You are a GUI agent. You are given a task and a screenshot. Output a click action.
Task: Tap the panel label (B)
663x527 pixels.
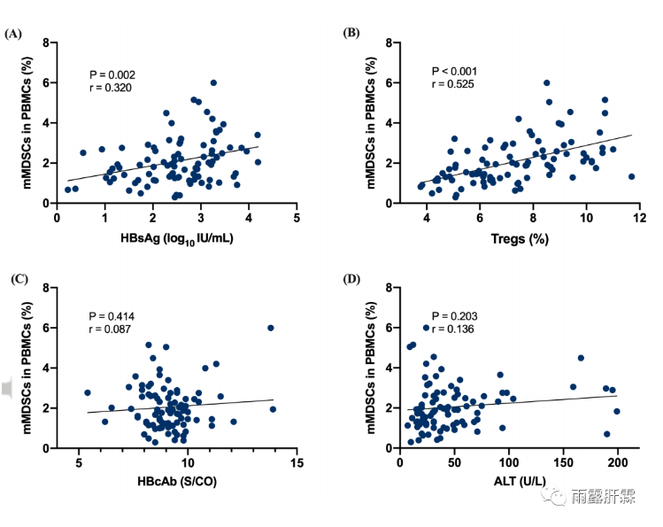click(x=351, y=34)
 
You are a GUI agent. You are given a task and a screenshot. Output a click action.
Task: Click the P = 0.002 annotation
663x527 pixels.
click(x=112, y=74)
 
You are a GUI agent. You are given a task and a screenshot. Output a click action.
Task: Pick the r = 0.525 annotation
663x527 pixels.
click(x=452, y=84)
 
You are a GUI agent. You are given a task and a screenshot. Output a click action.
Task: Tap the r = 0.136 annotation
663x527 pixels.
click(x=452, y=329)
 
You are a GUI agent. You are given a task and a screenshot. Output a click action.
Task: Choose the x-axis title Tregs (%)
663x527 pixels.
click(x=518, y=238)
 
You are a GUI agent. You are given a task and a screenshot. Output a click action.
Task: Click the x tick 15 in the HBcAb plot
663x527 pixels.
click(x=296, y=464)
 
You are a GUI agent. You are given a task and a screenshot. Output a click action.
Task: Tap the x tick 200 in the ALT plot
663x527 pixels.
click(x=617, y=464)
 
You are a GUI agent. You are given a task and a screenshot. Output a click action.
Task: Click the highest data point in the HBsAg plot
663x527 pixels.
click(x=213, y=83)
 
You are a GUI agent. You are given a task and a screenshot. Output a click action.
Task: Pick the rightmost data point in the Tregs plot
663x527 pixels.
click(x=631, y=176)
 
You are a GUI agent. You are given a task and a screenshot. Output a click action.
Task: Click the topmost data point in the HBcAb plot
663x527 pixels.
click(x=271, y=328)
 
